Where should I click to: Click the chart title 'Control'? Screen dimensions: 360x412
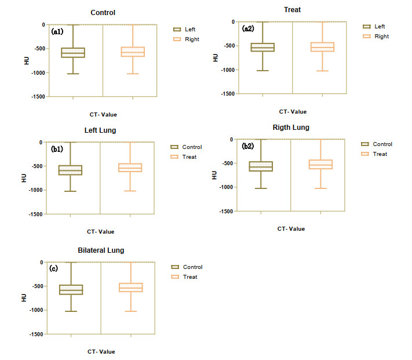[103, 12]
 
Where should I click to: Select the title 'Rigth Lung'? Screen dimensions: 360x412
[291, 128]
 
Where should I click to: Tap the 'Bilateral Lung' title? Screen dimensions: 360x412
[101, 250]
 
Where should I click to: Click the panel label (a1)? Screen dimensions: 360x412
[57, 31]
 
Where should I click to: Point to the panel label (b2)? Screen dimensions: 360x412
[247, 146]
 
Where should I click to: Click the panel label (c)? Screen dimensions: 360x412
[53, 268]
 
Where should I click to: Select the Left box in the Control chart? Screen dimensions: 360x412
[73, 53]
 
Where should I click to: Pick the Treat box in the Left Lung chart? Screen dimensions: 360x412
[130, 168]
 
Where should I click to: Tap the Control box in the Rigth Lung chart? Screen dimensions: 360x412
[261, 166]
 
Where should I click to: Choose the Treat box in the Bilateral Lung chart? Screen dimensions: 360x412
[131, 288]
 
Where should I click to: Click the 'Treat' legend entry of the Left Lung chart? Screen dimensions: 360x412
[189, 157]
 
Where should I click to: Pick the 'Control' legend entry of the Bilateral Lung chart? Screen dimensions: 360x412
[192, 267]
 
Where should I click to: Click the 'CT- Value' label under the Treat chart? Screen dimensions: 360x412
[293, 112]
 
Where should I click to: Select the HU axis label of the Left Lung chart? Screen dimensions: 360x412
[24, 178]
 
